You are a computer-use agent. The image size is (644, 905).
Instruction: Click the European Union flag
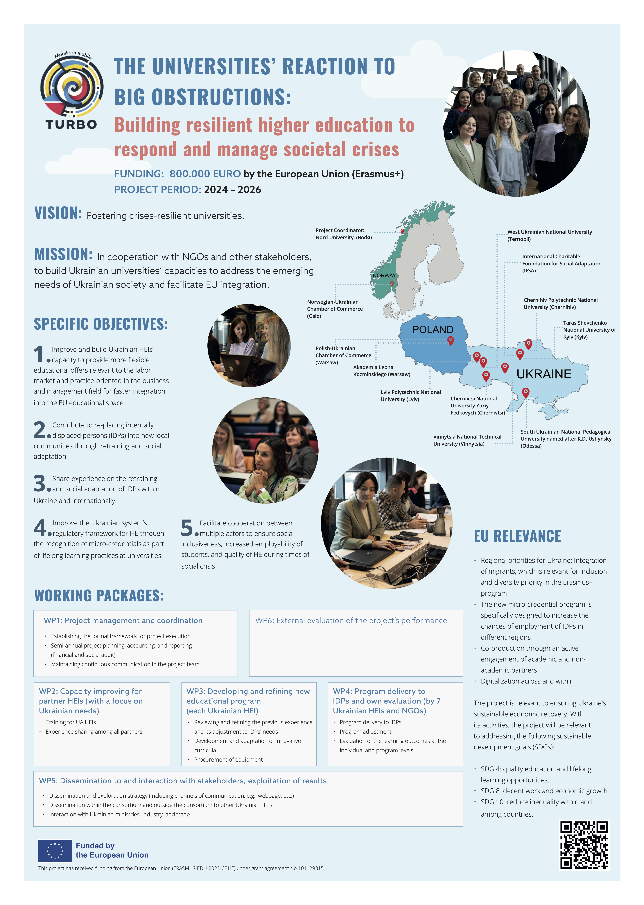[55, 851]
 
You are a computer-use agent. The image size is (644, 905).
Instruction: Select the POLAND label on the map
[433, 329]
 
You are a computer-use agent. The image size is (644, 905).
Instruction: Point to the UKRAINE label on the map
[544, 374]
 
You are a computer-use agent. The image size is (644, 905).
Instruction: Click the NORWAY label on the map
[384, 275]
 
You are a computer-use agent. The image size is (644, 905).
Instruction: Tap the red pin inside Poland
[451, 340]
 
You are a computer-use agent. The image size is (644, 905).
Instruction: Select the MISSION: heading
[63, 254]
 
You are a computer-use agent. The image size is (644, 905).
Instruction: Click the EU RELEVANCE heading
[517, 536]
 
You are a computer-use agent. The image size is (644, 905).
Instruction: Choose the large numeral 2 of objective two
[40, 430]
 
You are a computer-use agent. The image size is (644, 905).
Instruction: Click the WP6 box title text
[351, 620]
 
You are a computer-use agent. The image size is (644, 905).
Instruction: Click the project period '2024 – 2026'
[232, 190]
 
